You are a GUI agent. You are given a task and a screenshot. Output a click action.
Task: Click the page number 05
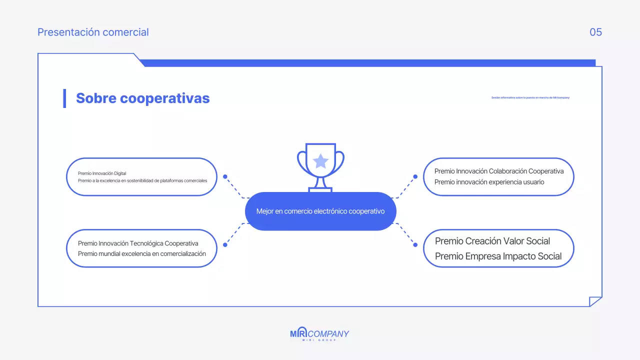tap(595, 32)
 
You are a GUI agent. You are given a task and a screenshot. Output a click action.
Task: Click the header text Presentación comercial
tap(93, 32)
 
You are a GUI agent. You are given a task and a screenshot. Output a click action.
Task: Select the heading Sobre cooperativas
tap(142, 98)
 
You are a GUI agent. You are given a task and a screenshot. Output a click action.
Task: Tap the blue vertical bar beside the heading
tap(64, 98)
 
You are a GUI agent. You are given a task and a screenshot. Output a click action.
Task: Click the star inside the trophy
tap(320, 161)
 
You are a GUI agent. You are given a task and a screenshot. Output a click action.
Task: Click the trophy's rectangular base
tap(320, 190)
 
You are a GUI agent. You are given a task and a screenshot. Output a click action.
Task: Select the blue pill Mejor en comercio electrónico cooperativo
tap(320, 211)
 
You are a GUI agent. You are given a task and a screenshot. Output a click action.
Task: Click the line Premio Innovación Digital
tap(102, 173)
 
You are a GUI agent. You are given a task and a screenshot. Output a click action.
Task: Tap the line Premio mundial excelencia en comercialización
tap(142, 254)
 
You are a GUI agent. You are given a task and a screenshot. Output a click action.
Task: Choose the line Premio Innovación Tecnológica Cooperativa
tap(138, 243)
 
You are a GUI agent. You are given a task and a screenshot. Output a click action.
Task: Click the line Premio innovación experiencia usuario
tap(489, 182)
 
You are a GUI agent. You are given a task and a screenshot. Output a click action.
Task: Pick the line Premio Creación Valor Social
tap(492, 241)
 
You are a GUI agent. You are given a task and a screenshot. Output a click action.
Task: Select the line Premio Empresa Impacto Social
tap(498, 256)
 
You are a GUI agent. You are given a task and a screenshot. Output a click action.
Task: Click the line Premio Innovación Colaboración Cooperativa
tap(498, 171)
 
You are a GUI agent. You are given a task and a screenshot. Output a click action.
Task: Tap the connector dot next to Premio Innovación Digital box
tap(225, 176)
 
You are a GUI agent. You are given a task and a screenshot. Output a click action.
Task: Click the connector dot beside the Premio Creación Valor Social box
tap(415, 244)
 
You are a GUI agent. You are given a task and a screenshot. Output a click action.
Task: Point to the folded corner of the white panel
tap(595, 301)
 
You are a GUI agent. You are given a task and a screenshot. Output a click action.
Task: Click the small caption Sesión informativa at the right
tap(530, 97)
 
